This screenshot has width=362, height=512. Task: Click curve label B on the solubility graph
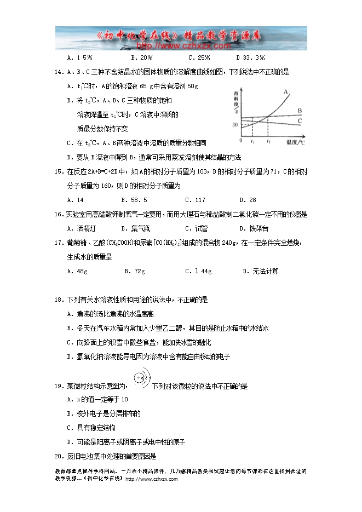[x=300, y=111]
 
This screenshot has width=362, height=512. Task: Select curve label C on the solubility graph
[x=300, y=120]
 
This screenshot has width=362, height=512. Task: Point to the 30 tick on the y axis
[x=235, y=125]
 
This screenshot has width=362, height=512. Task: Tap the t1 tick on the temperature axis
[x=252, y=142]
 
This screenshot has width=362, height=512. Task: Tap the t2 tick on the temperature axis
[x=268, y=142]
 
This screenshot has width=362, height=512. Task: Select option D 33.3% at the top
[x=250, y=57]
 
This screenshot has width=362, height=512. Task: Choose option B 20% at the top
[x=142, y=57]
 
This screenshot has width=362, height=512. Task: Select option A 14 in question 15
[x=75, y=200]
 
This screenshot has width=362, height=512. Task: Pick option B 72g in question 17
[x=134, y=271]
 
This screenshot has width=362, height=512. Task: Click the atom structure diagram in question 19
[x=139, y=379]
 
